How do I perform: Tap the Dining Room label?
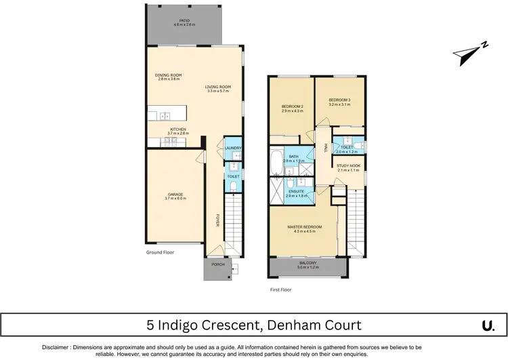pos(168,75)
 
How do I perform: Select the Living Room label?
pos(219,87)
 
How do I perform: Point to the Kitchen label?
pos(177,129)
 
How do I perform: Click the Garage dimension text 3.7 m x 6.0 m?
pos(174,199)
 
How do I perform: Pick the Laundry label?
pos(233,148)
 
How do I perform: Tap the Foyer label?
pos(218,220)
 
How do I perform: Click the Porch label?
pos(218,264)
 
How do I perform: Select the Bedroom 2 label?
pos(292,106)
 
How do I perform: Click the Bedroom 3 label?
pos(339,100)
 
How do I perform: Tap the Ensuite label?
pos(295,191)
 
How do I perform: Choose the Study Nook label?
pos(350,165)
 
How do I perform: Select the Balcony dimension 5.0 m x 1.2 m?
pos(308,267)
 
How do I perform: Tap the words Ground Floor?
pos(161,252)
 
